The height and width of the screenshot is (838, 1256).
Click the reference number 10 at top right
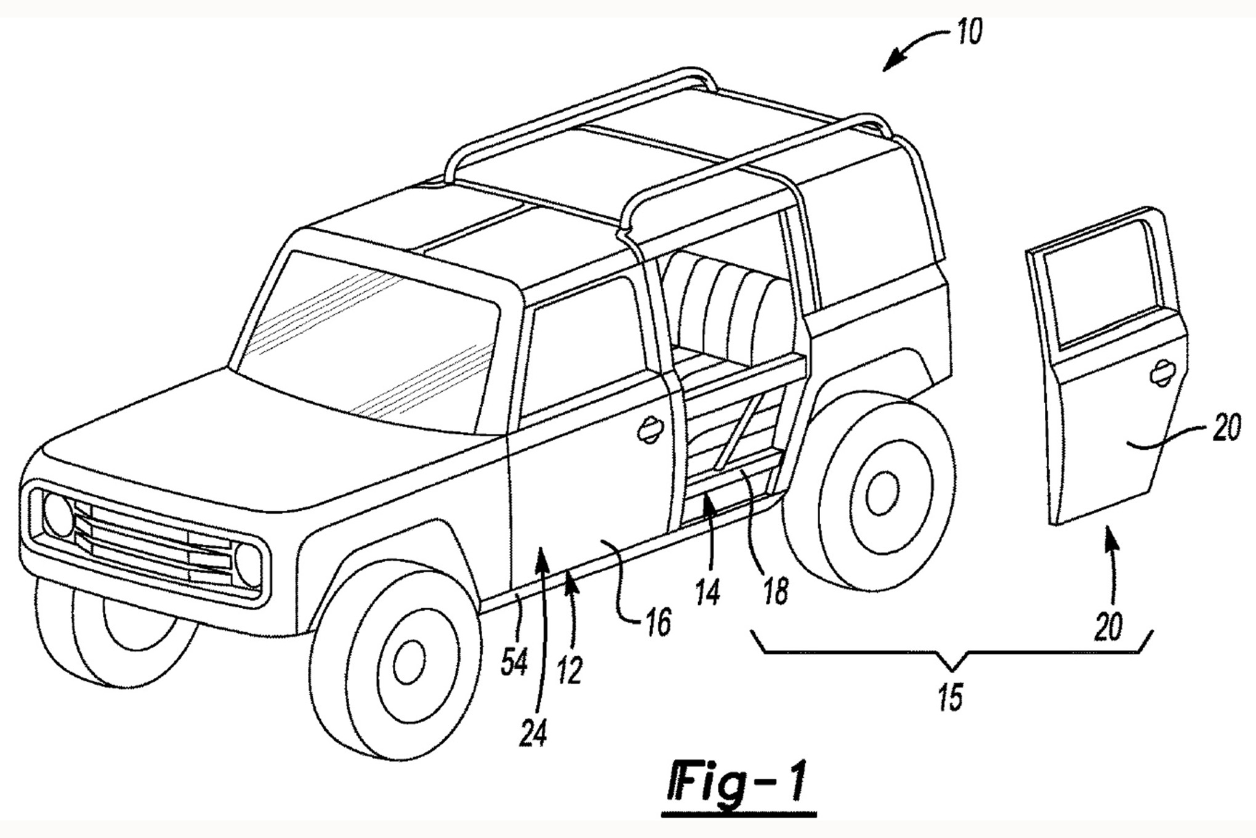(x=969, y=32)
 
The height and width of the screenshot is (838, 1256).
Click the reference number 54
(x=514, y=664)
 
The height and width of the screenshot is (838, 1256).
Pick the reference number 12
(x=570, y=670)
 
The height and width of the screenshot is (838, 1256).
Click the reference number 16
(x=658, y=624)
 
